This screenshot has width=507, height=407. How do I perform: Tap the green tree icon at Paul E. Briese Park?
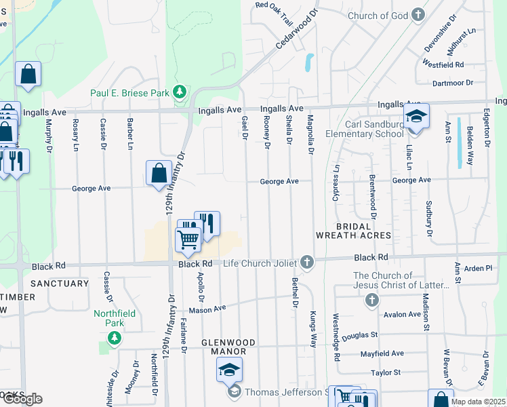pos(180,92)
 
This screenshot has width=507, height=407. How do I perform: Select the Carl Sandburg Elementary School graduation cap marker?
pos(416,116)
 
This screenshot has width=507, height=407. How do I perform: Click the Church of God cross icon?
pos(419,15)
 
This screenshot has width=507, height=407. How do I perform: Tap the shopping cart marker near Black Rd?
pos(188,238)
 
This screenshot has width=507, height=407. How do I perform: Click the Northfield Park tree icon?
pos(115,337)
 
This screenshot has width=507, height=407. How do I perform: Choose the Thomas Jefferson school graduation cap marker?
pos(229,370)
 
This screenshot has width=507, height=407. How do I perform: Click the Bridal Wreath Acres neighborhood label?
pos(353,231)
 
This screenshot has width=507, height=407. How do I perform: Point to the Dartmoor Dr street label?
pos(452,83)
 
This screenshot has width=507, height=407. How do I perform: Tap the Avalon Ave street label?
pos(402,314)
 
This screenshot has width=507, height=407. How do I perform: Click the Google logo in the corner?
pos(22,399)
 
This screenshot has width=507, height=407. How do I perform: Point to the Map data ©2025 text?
pos(479,402)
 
